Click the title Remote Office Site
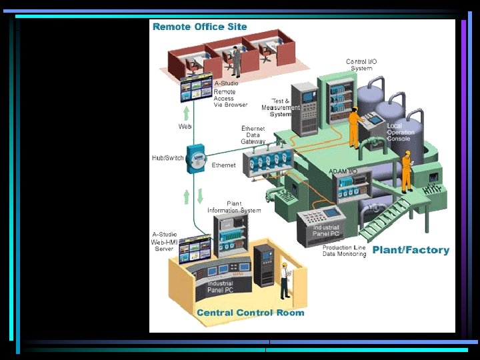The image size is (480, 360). pyautogui.click(x=200, y=27)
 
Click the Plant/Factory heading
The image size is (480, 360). pyautogui.click(x=411, y=251)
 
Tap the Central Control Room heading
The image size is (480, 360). pyautogui.click(x=250, y=313)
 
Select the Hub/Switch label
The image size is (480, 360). pyautogui.click(x=167, y=158)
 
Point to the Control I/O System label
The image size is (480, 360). pyautogui.click(x=361, y=65)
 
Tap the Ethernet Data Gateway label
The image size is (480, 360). pyautogui.click(x=253, y=135)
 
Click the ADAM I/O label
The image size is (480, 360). pyautogui.click(x=343, y=171)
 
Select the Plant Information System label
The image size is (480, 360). pyautogui.click(x=234, y=207)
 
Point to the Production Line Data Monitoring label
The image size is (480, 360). pyautogui.click(x=344, y=251)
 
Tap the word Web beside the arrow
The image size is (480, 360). pyautogui.click(x=185, y=126)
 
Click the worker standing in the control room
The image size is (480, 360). pyautogui.click(x=285, y=279)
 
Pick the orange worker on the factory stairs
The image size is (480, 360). pyautogui.click(x=406, y=171)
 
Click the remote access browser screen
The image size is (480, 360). pyautogui.click(x=196, y=87)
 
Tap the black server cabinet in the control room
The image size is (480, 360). pyautogui.click(x=264, y=265)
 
